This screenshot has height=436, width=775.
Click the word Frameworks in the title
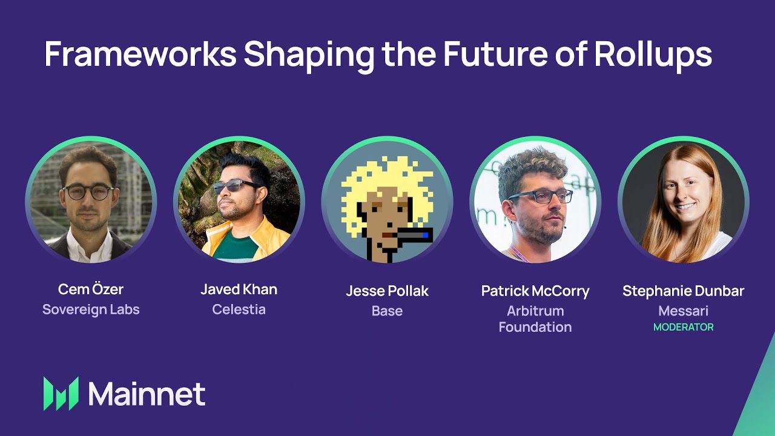click(x=140, y=54)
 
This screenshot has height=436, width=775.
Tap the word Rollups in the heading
click(x=653, y=54)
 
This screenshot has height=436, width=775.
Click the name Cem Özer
click(x=91, y=289)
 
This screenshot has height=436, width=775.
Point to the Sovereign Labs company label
click(x=91, y=309)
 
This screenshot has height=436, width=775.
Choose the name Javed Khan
click(x=239, y=289)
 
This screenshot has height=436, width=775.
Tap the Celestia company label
click(x=239, y=309)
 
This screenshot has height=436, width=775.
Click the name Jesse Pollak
click(x=387, y=291)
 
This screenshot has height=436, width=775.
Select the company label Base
click(x=387, y=311)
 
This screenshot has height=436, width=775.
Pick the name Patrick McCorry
click(x=535, y=291)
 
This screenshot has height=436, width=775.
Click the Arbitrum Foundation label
click(x=535, y=319)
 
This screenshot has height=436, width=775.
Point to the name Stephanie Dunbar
click(x=684, y=291)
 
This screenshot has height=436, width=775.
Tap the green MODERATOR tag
click(x=684, y=327)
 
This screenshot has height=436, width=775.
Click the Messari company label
click(x=684, y=311)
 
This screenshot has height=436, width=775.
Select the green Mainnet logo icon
click(x=61, y=394)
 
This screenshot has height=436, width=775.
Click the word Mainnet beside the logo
click(x=147, y=394)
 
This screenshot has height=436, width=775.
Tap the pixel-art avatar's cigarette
click(x=412, y=235)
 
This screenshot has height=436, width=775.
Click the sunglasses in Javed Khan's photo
click(x=236, y=187)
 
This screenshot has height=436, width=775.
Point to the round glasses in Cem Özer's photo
click(x=88, y=193)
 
